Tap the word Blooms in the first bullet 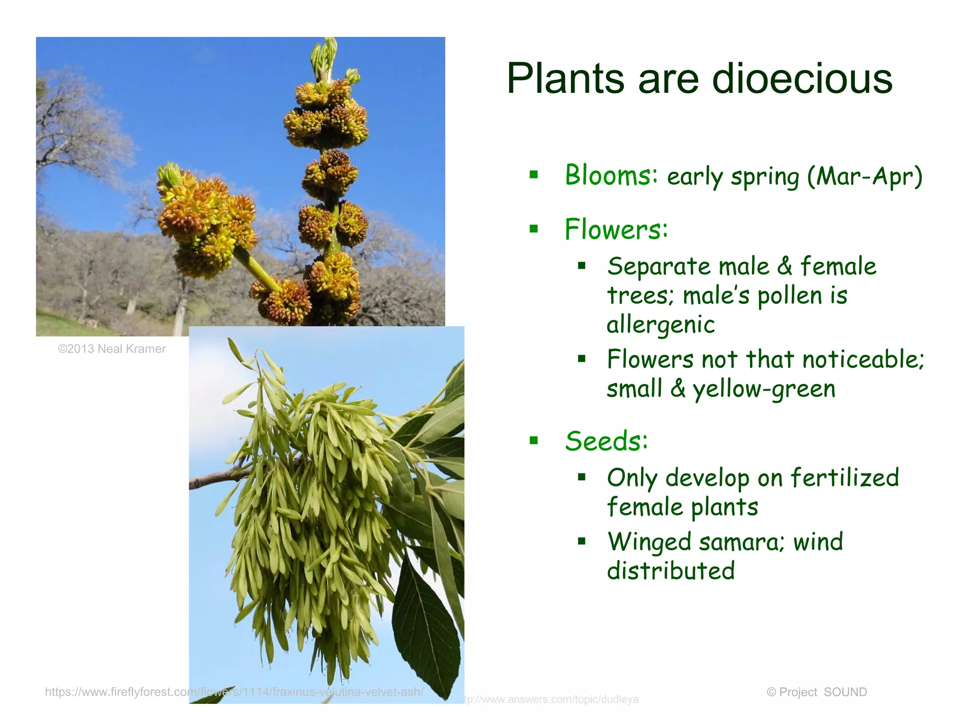pyautogui.click(x=611, y=175)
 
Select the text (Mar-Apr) pyautogui.click(x=865, y=177)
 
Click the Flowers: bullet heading pyautogui.click(x=616, y=229)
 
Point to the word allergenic pyautogui.click(x=660, y=325)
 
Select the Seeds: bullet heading pyautogui.click(x=606, y=441)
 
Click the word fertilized pyautogui.click(x=844, y=478)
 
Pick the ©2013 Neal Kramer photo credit pyautogui.click(x=112, y=349)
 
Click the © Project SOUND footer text pyautogui.click(x=816, y=692)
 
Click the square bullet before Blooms pyautogui.click(x=534, y=174)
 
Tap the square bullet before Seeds pyautogui.click(x=534, y=441)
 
